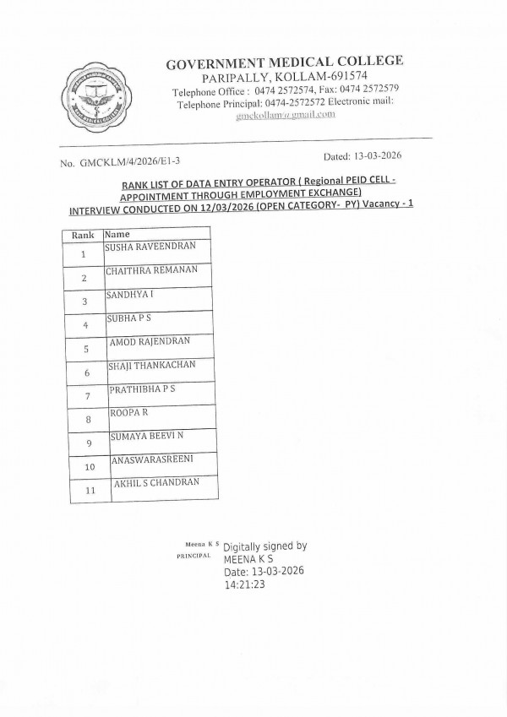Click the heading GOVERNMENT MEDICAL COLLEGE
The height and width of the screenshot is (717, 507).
pyautogui.click(x=284, y=62)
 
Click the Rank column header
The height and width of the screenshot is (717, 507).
pyautogui.click(x=82, y=234)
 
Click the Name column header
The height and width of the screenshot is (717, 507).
pyautogui.click(x=118, y=234)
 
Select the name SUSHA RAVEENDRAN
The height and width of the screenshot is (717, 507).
pyautogui.click(x=150, y=246)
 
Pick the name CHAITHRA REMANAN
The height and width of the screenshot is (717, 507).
pyautogui.click(x=151, y=269)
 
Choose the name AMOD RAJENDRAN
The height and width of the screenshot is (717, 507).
pyautogui.click(x=150, y=341)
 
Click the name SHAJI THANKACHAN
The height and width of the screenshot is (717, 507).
pyautogui.click(x=151, y=365)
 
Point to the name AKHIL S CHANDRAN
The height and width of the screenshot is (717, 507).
pyautogui.click(x=156, y=482)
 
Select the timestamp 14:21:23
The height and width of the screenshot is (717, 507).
pyautogui.click(x=245, y=584)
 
